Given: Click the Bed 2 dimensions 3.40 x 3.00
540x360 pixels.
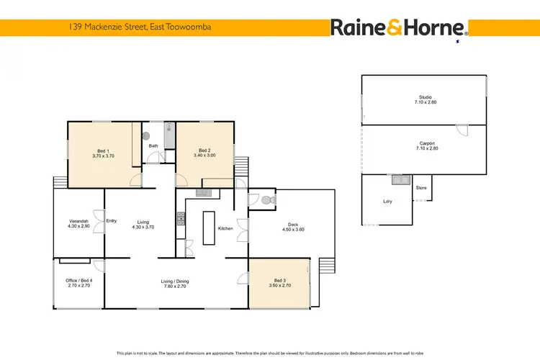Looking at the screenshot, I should pyautogui.click(x=204, y=156).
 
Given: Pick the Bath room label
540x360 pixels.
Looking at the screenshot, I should pyautogui.click(x=153, y=146).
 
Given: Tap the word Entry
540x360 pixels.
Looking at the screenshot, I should pyautogui.click(x=111, y=221).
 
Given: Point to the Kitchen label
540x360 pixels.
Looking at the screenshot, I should pyautogui.click(x=225, y=228).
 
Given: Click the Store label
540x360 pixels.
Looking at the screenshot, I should pyautogui.click(x=421, y=188).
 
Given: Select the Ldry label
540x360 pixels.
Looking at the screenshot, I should pyautogui.click(x=389, y=202).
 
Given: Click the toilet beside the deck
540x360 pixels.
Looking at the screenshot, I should pyautogui.click(x=266, y=199).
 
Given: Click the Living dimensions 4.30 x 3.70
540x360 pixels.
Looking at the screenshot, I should pyautogui.click(x=143, y=228).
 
